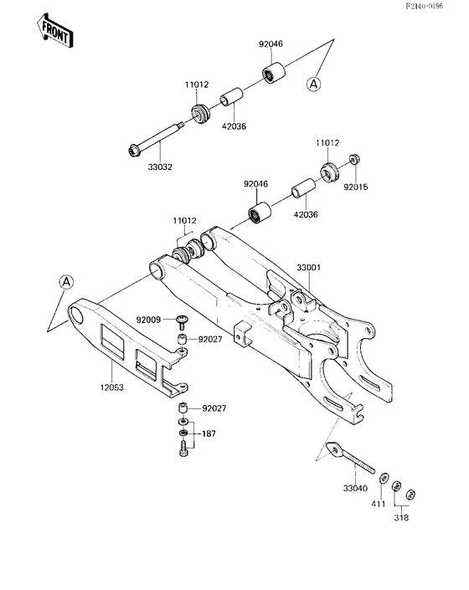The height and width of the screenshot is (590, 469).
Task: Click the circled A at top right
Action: [313, 84]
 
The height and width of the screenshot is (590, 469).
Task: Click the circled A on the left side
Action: [66, 282]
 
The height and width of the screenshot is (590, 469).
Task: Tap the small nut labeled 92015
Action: [355, 159]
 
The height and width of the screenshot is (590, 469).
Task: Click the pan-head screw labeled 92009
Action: [181, 320]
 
